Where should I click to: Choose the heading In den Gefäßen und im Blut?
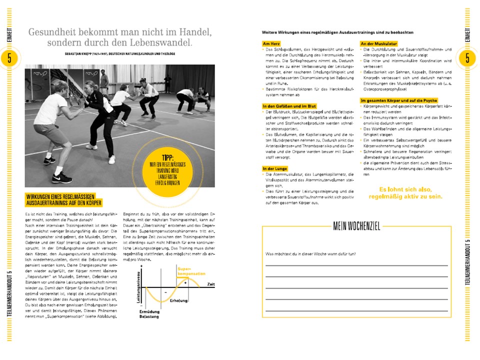pos(288,106)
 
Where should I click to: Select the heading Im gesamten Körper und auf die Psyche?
pos(403,100)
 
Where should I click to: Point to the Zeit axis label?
pos(212,283)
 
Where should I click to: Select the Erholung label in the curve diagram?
pos(178,300)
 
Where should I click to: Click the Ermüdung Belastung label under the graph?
pos(149,313)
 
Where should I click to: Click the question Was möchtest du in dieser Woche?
pos(310,254)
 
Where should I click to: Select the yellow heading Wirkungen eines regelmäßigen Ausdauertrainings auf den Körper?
pos(64,199)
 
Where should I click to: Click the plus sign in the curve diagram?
pos(185,282)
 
